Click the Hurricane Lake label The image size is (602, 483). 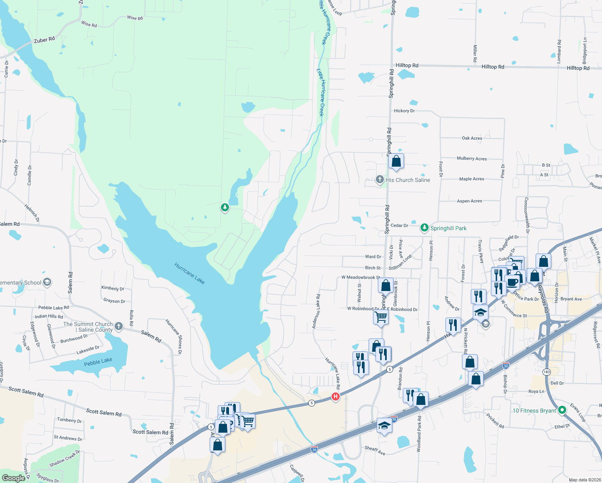(x=190, y=273)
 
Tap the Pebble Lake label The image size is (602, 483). (x=98, y=362)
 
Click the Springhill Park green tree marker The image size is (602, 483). (x=424, y=228)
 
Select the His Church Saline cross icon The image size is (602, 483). (x=379, y=180)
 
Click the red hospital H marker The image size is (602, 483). (x=335, y=397)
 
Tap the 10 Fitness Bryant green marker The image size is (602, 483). (x=562, y=410)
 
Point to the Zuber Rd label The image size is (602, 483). (x=44, y=40)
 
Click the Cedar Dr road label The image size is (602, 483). (x=399, y=225)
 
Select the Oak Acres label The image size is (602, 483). (x=472, y=138)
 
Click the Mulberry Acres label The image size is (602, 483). (x=472, y=159)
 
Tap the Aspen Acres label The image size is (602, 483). (x=469, y=201)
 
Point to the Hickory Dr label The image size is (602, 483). (x=404, y=111)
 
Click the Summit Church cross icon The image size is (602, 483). (x=119, y=326)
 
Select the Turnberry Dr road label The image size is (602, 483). (x=69, y=420)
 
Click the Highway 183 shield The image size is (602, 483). (x=546, y=372)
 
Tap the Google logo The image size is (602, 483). (x=13, y=478)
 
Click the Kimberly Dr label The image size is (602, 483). (x=113, y=288)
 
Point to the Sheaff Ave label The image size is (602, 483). (x=375, y=450)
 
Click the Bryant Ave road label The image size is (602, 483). (x=571, y=299)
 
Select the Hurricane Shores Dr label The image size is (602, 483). (x=174, y=336)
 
